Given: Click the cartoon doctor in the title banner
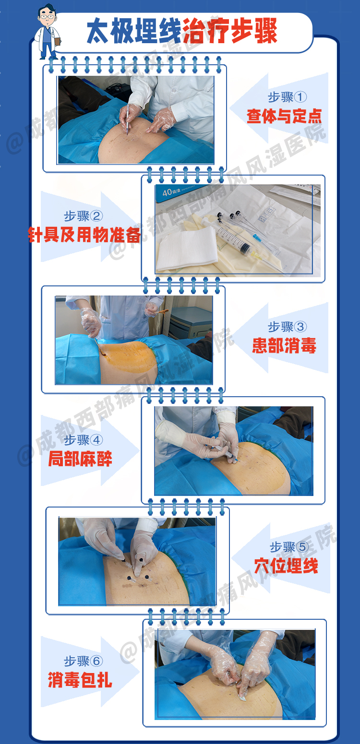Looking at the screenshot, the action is [48, 32].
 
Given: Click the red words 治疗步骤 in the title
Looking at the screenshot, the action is [230, 31].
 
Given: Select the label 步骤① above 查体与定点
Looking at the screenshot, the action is [287, 97].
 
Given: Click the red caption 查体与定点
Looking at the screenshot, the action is [284, 116].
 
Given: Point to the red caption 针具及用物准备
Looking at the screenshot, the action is [85, 235].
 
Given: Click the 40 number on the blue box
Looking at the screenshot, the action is [167, 192].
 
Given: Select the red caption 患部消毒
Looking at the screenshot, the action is [284, 345].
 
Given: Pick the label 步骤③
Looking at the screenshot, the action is [287, 327].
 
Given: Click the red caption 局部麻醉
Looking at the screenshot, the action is [80, 459].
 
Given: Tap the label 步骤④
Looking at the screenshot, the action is [83, 440].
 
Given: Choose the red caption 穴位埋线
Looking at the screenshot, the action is [286, 566].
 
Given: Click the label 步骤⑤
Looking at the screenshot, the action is [289, 546].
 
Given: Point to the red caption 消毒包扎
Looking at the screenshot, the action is [80, 680].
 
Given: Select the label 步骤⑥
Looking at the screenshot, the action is [83, 661].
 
